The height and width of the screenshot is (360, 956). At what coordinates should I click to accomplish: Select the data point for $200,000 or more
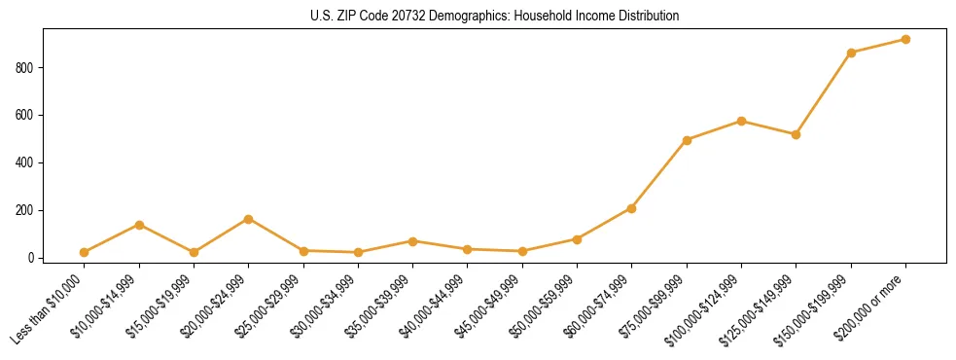(905, 40)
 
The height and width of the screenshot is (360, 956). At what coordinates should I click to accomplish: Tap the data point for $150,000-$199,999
(851, 53)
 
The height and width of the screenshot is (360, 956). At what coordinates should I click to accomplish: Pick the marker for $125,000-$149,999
(796, 134)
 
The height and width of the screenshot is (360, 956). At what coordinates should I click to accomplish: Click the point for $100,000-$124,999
(741, 121)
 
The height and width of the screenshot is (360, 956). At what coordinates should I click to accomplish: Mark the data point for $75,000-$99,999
(687, 140)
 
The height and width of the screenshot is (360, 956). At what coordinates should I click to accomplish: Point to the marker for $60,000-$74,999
(632, 208)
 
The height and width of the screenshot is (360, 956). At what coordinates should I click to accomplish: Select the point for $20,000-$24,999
(249, 219)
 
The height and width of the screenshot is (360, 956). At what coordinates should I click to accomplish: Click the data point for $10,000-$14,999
(140, 225)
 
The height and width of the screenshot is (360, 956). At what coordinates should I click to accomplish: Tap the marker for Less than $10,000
(85, 252)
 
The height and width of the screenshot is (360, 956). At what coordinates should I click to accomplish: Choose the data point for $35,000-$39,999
(413, 241)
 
